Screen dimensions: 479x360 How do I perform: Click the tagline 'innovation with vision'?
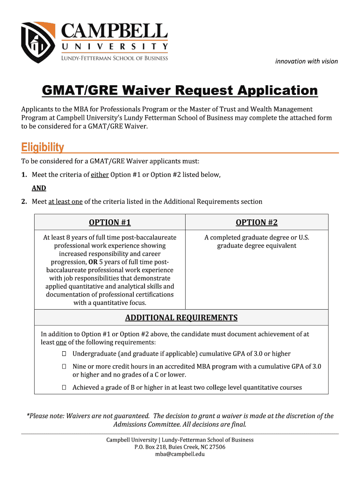(306, 61)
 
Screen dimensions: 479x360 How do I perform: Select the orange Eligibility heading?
(43, 148)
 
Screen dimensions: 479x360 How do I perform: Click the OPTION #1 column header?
(110, 223)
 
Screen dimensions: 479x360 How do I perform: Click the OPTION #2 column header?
(257, 223)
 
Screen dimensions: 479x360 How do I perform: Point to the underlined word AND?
(39, 188)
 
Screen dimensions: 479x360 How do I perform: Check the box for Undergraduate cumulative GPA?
(64, 354)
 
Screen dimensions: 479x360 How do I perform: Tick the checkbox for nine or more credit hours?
(64, 367)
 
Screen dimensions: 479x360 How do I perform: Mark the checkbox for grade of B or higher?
(64, 388)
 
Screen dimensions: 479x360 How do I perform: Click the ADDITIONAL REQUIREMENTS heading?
(181, 318)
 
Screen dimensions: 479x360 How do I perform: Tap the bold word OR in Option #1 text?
(93, 262)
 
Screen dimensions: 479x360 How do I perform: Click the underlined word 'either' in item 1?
(100, 174)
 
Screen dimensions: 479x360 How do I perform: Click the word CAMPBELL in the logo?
(115, 31)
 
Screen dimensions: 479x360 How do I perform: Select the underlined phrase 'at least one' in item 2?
(65, 202)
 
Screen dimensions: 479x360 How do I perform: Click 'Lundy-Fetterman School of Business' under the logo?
(115, 58)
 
